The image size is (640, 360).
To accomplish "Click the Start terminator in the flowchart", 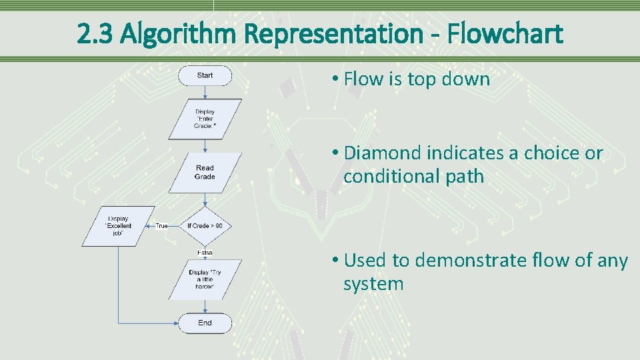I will [x=205, y=75].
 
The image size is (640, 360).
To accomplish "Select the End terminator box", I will [x=205, y=323].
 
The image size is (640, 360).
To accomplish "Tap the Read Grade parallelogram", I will [x=205, y=173].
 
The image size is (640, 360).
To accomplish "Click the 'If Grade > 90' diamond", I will [x=205, y=226].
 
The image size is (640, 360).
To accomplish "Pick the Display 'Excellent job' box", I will [x=118, y=226].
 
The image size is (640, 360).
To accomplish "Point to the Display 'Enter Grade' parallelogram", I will [x=205, y=119].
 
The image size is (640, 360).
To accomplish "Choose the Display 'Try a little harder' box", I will [x=205, y=279].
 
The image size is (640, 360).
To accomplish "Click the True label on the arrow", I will [x=162, y=226].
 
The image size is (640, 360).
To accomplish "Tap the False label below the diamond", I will [x=205, y=253].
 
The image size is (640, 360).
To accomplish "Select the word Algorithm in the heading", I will [x=177, y=33].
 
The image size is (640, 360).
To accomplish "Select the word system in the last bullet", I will [x=373, y=284].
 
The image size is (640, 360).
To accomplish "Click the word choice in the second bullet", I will [x=542, y=153].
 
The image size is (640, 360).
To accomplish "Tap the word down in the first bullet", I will [x=469, y=80].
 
